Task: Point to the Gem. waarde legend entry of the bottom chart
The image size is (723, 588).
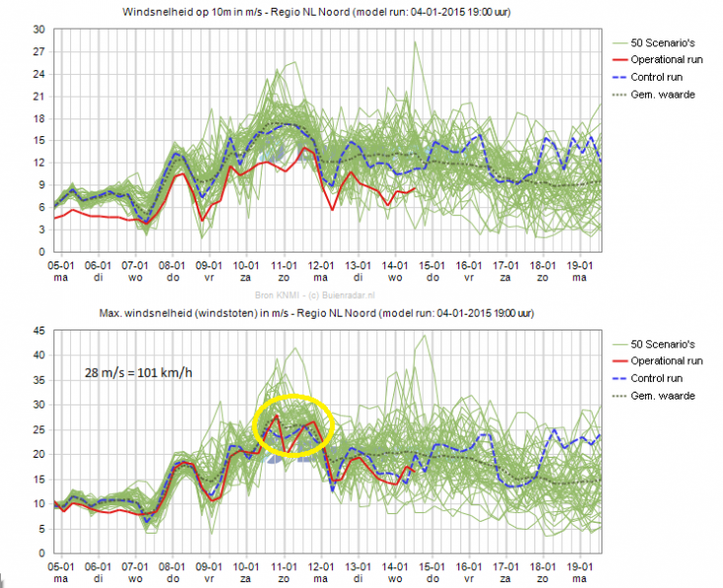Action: click(x=663, y=395)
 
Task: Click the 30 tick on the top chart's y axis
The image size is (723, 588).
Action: click(x=40, y=30)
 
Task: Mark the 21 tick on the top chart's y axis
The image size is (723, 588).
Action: click(x=40, y=97)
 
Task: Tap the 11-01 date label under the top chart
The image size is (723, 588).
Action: click(x=285, y=265)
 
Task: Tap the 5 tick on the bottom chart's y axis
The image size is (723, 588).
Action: click(x=42, y=528)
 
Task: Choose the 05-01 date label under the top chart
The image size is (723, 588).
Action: click(x=60, y=265)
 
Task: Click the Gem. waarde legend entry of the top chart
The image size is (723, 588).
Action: click(x=663, y=94)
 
